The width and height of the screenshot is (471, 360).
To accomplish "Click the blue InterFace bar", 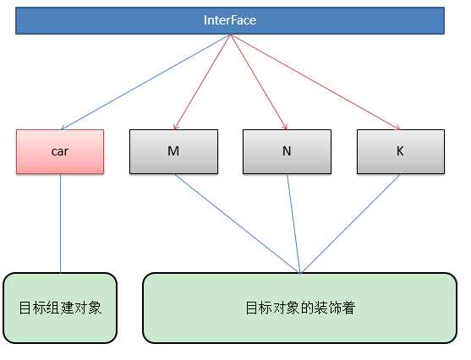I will click(x=230, y=20).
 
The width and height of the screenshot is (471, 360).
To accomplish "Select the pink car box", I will click(x=60, y=151).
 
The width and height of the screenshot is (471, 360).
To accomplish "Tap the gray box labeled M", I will click(x=173, y=151).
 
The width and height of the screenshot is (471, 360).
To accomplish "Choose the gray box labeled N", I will click(x=287, y=151).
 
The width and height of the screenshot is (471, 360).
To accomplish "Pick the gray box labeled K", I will click(x=400, y=151).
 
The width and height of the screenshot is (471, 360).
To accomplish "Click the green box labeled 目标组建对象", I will click(x=60, y=308).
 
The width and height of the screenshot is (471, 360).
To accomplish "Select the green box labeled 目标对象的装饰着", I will click(x=300, y=308).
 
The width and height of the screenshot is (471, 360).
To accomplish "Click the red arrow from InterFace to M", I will click(x=203, y=81).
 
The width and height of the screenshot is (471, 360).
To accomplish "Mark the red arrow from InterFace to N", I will click(x=259, y=81).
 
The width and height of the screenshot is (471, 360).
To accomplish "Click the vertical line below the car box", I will click(x=60, y=223).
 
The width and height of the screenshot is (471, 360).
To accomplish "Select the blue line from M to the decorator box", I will click(x=237, y=223).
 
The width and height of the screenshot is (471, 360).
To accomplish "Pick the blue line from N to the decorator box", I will click(x=293, y=223).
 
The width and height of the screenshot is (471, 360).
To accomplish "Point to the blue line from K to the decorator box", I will click(x=350, y=223).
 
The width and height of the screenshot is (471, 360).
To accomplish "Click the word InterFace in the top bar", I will click(x=230, y=20).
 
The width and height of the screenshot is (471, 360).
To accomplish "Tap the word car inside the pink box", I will click(x=60, y=151).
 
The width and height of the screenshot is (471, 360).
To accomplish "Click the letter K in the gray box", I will click(x=400, y=151).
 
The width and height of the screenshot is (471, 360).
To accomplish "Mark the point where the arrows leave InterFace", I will click(x=230, y=35).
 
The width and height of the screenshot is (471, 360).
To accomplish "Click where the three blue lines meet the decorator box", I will click(x=300, y=272).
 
